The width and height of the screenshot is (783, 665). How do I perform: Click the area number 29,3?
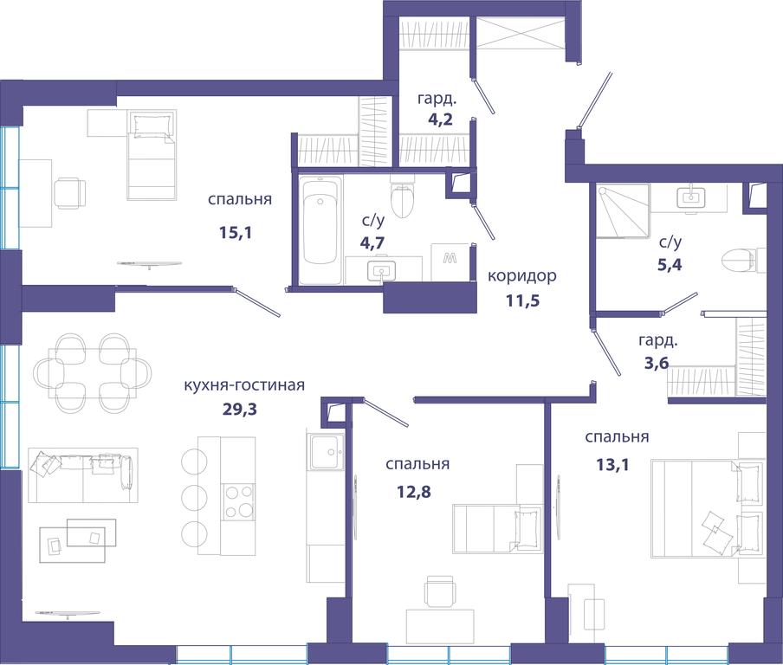239,410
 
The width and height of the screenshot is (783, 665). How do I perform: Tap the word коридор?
521,276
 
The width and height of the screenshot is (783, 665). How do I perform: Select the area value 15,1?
236,232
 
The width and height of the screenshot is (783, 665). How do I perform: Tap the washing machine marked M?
450,262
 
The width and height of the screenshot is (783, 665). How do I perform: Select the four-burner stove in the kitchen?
238,501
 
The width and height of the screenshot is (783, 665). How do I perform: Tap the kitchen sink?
326,451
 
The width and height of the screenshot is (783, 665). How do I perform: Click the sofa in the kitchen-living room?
83,475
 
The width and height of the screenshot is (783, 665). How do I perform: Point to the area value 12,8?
413,493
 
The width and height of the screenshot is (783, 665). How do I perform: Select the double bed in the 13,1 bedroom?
707,507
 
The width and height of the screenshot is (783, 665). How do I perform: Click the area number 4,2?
440,119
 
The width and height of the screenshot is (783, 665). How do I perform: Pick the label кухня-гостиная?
244,385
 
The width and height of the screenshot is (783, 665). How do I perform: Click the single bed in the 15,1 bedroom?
152,155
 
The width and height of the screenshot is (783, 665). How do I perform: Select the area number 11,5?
523,300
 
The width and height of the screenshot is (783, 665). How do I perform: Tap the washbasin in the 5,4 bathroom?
690,198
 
